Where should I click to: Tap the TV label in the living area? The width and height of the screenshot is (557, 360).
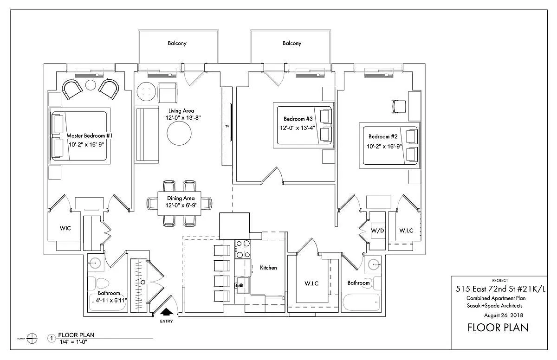coord(227,126)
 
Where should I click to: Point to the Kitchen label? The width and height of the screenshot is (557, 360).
coord(268,268)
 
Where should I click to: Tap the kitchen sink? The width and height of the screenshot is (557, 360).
coord(241,284)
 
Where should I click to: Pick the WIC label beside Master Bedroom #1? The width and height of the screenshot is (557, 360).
coord(65,229)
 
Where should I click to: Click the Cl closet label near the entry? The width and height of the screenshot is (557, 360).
coord(143,282)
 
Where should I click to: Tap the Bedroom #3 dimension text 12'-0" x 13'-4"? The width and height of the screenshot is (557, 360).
coord(298,128)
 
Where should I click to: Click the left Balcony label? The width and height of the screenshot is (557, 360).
coord(177,43)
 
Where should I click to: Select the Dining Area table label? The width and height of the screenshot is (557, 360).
coord(181,199)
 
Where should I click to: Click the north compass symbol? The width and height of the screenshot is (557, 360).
coord(32,338)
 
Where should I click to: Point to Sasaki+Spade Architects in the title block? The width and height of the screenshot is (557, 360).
coord(495,306)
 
